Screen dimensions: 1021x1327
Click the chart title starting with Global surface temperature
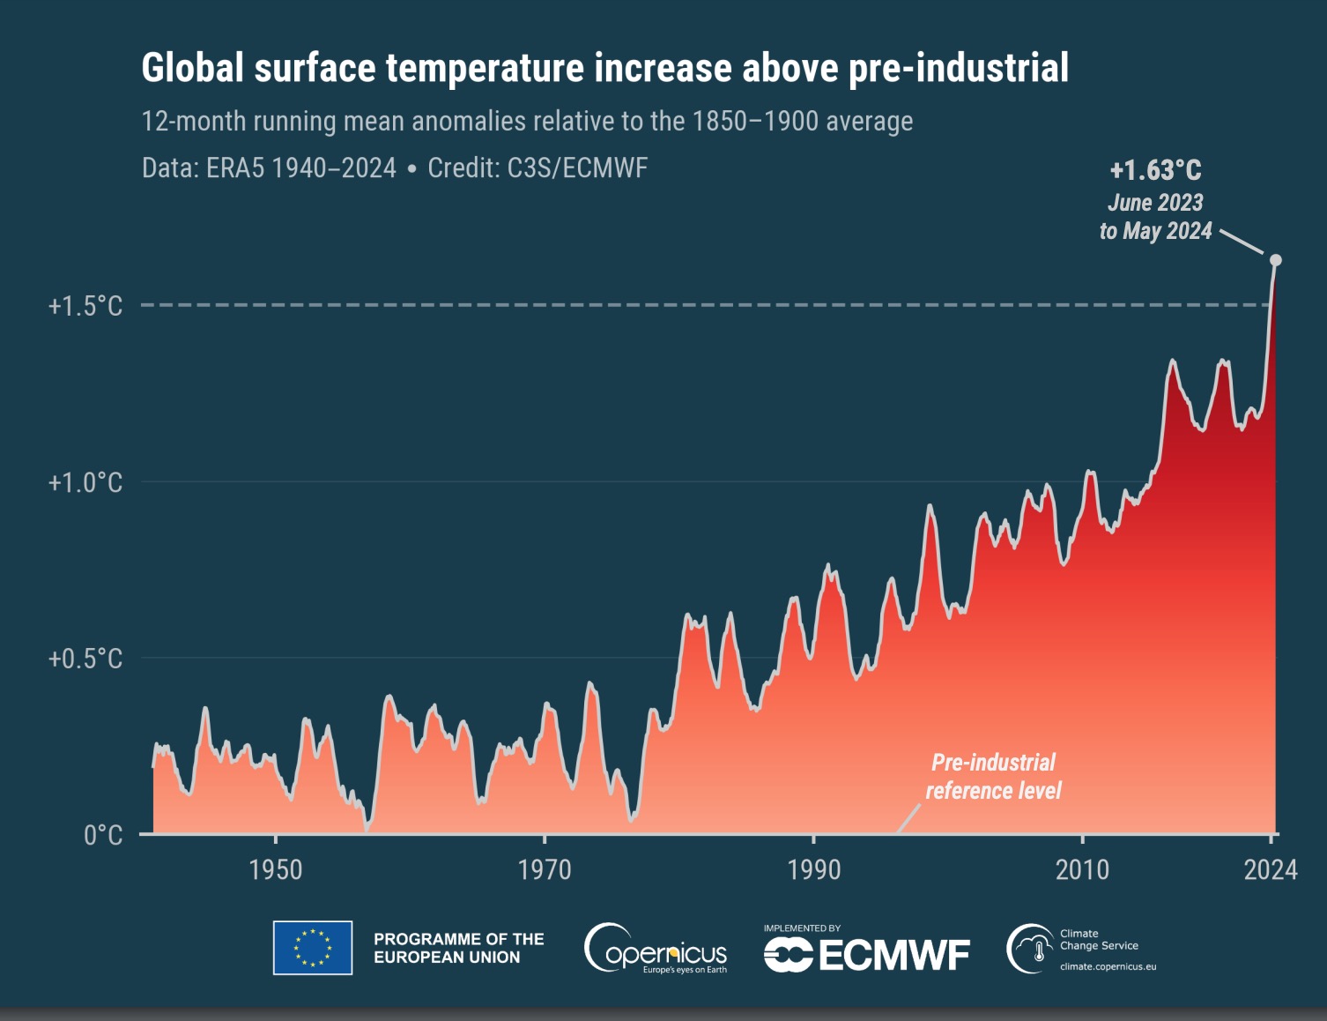tap(604, 68)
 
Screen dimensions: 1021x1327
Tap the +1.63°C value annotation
tap(1155, 169)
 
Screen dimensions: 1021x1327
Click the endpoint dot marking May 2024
tap(1275, 260)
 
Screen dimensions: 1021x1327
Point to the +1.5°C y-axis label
tap(85, 306)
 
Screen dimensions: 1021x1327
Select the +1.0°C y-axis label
tap(85, 482)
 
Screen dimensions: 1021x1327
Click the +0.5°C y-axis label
tap(85, 659)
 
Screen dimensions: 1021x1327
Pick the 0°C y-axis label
tap(102, 835)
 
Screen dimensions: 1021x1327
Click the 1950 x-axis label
tap(276, 870)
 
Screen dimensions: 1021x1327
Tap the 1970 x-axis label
tap(545, 870)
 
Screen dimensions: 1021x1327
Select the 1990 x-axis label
tap(813, 870)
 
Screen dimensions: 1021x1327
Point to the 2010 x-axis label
tap(1082, 870)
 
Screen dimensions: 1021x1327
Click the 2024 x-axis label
tap(1270, 870)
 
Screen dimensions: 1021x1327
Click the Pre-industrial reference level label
tap(993, 776)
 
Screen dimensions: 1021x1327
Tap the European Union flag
tap(313, 948)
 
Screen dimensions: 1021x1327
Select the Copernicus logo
tap(656, 949)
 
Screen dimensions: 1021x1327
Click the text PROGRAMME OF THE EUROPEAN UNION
tap(458, 948)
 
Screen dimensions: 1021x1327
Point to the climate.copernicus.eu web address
tap(1108, 966)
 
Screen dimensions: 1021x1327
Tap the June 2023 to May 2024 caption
tap(1155, 217)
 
